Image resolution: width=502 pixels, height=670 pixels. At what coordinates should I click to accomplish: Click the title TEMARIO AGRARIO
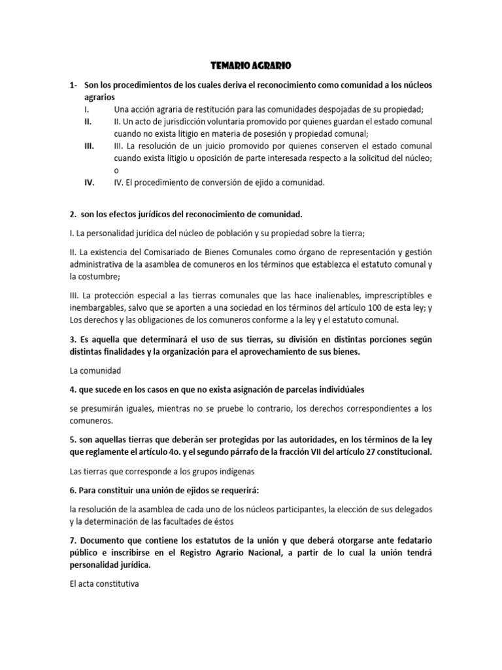pos(250,65)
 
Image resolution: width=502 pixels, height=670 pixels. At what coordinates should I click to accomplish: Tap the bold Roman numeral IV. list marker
pos(90,183)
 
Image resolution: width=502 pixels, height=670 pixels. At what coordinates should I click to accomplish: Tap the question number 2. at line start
pos(74,214)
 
